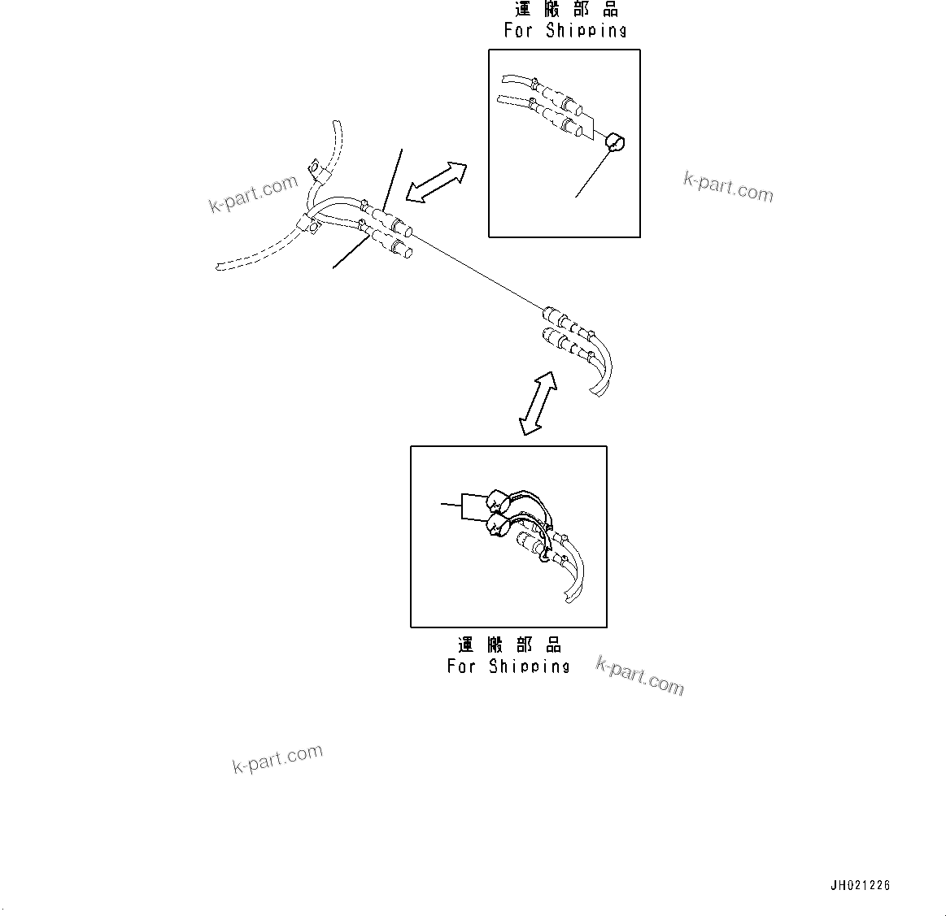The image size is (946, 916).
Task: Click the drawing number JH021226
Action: pyautogui.click(x=861, y=885)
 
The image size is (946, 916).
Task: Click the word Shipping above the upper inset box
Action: pyautogui.click(x=586, y=31)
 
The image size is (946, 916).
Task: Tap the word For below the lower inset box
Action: pyautogui.click(x=461, y=666)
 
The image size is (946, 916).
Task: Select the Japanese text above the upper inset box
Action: pyautogui.click(x=566, y=10)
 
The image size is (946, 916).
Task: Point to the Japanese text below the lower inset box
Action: pyautogui.click(x=509, y=645)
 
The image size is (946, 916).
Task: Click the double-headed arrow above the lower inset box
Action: pyautogui.click(x=538, y=404)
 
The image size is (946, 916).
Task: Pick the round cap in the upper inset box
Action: pyautogui.click(x=615, y=143)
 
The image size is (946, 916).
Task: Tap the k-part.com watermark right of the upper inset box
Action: pyautogui.click(x=728, y=187)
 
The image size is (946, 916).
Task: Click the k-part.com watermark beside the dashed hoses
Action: pyautogui.click(x=254, y=195)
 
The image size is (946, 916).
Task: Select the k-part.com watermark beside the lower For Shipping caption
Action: pyautogui.click(x=640, y=676)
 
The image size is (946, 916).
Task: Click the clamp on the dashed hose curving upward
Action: pyautogui.click(x=314, y=172)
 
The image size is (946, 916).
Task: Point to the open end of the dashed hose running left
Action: pyautogui.click(x=220, y=266)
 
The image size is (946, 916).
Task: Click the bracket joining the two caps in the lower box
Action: pyautogui.click(x=462, y=506)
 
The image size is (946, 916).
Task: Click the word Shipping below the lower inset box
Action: pyautogui.click(x=530, y=666)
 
